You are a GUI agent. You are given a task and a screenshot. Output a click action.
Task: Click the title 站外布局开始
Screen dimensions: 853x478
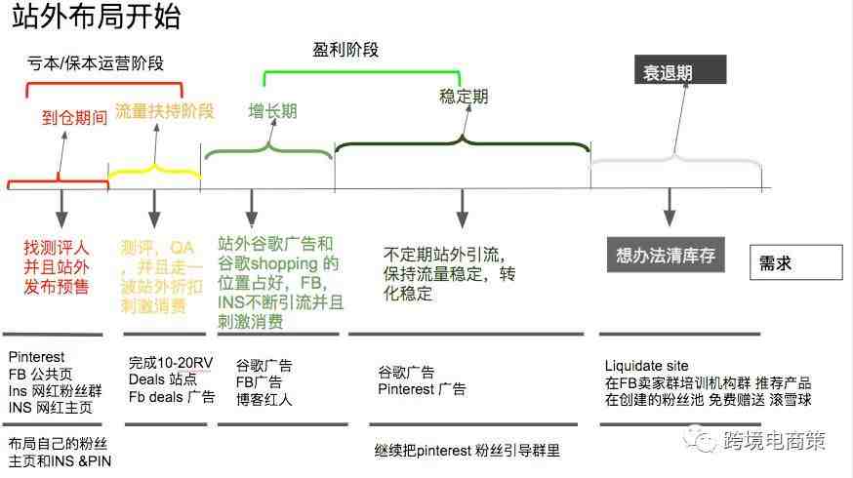click(x=96, y=17)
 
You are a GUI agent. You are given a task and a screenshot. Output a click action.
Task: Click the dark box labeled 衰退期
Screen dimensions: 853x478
click(x=680, y=69)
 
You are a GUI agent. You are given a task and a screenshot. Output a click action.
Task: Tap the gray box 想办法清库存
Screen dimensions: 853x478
click(x=666, y=255)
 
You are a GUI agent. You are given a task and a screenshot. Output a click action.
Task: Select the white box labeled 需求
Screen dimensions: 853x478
click(x=795, y=262)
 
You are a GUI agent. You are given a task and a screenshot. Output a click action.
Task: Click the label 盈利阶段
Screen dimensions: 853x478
click(x=345, y=50)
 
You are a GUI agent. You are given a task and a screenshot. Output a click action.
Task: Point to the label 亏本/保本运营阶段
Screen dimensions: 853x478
click(x=96, y=63)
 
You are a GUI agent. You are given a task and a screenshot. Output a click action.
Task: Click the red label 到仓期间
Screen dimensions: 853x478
click(x=74, y=117)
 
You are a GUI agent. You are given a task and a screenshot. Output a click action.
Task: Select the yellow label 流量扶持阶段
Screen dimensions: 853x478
click(x=165, y=111)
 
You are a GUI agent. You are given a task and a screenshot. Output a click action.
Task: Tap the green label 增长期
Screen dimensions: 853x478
click(x=272, y=111)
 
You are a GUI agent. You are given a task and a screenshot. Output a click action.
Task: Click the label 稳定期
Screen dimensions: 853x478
click(x=464, y=97)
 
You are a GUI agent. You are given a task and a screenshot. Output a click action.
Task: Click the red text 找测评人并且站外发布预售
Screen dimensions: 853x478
click(x=56, y=267)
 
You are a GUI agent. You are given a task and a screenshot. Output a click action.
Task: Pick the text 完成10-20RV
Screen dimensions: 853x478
click(x=171, y=363)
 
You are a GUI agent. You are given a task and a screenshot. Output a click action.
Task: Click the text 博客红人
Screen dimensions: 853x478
click(x=264, y=400)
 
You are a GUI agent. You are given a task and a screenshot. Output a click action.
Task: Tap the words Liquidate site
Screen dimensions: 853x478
click(x=646, y=366)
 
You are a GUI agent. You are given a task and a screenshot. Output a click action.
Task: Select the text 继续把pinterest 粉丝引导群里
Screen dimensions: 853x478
click(x=467, y=451)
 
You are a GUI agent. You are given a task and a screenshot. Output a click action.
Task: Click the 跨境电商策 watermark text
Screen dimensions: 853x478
click(x=774, y=441)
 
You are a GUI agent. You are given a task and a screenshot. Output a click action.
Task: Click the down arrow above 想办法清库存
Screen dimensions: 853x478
click(x=670, y=207)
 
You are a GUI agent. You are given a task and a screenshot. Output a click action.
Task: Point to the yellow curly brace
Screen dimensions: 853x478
click(x=155, y=171)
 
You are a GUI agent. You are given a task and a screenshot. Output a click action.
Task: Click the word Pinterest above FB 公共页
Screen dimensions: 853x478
click(x=36, y=357)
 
